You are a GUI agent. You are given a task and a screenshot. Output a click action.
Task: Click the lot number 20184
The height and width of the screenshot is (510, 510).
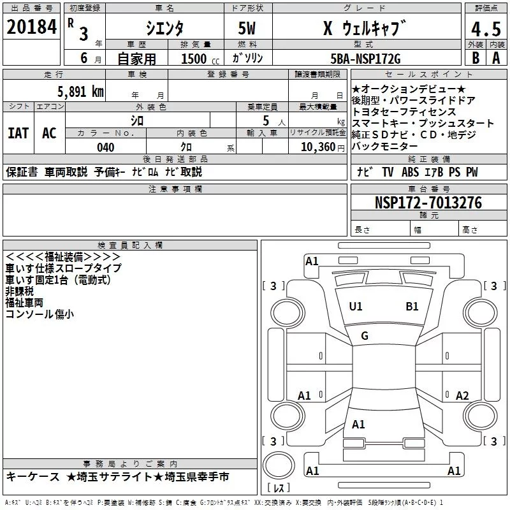[x=31, y=27]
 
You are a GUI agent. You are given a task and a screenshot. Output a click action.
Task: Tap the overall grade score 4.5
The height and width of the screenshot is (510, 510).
[x=486, y=29]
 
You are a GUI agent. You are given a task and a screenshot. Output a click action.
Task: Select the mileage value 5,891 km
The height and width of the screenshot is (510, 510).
[x=81, y=92]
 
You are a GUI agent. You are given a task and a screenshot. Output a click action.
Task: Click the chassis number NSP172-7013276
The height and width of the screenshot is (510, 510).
[x=428, y=202]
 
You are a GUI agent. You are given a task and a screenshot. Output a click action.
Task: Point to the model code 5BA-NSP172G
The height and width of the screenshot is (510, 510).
[x=365, y=59]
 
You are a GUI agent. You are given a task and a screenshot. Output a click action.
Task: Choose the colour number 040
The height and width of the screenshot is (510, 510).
[x=106, y=147]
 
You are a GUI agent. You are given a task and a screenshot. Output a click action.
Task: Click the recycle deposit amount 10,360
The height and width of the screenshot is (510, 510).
[x=317, y=147]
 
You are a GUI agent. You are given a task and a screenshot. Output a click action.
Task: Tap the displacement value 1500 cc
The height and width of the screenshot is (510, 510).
[x=200, y=59]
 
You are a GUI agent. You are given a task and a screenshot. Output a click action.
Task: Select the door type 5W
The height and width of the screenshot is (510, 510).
[x=247, y=28]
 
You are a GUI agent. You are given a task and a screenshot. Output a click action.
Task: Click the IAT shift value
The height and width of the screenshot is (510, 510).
[x=18, y=133]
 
